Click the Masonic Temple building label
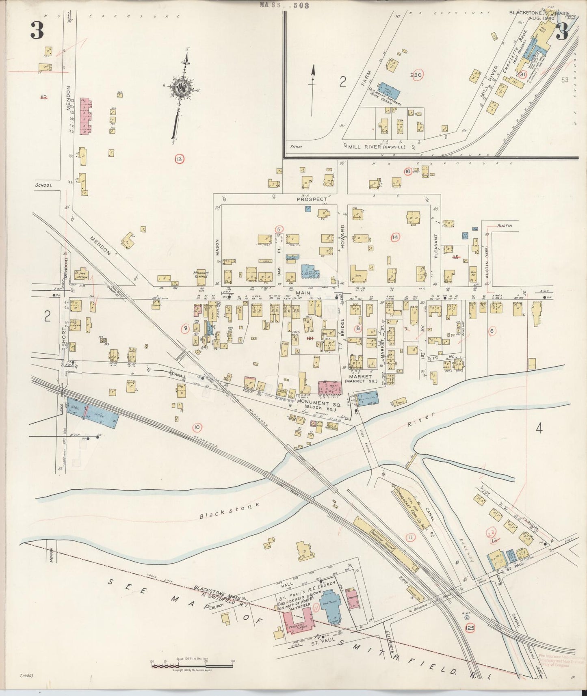[201, 275]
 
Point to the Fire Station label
[83, 275]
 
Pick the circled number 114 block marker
[394, 237]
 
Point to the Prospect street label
[312, 199]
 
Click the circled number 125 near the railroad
[470, 628]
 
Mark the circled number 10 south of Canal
[197, 427]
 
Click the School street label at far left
[43, 185]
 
